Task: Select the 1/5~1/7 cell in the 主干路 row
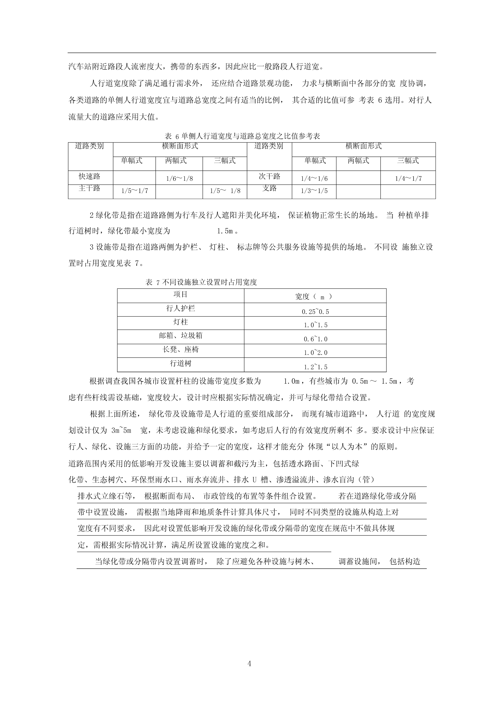[x=134, y=191]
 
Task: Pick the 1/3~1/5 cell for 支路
[x=314, y=191]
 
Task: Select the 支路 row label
[x=269, y=188]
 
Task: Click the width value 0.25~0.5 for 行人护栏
[x=315, y=312]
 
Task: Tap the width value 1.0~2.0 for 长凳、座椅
[x=315, y=353]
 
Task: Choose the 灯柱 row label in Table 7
[x=180, y=322]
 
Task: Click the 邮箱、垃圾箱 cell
[x=180, y=336]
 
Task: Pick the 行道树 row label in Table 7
[x=180, y=363]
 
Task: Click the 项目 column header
[x=180, y=294]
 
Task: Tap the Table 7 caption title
[x=201, y=282]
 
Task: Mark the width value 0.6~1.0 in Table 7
[x=315, y=339]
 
